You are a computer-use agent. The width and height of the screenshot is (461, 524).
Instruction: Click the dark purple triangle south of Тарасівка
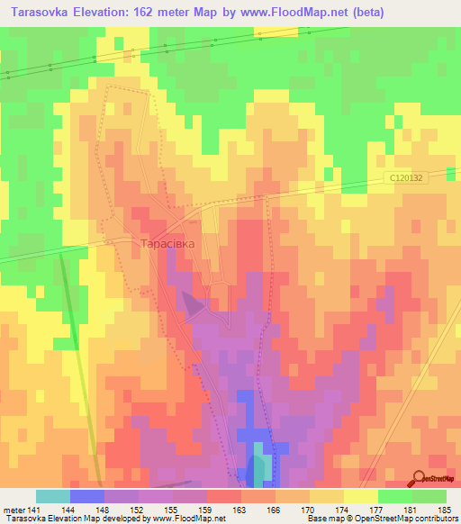pos(191,302)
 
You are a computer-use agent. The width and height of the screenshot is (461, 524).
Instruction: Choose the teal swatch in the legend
pos(52,496)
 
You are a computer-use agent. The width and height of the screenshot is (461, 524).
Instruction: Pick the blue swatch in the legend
pos(86,496)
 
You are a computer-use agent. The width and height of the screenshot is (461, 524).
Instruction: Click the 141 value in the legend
pos(34,509)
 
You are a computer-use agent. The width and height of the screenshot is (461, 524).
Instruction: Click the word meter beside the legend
pos(14,509)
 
